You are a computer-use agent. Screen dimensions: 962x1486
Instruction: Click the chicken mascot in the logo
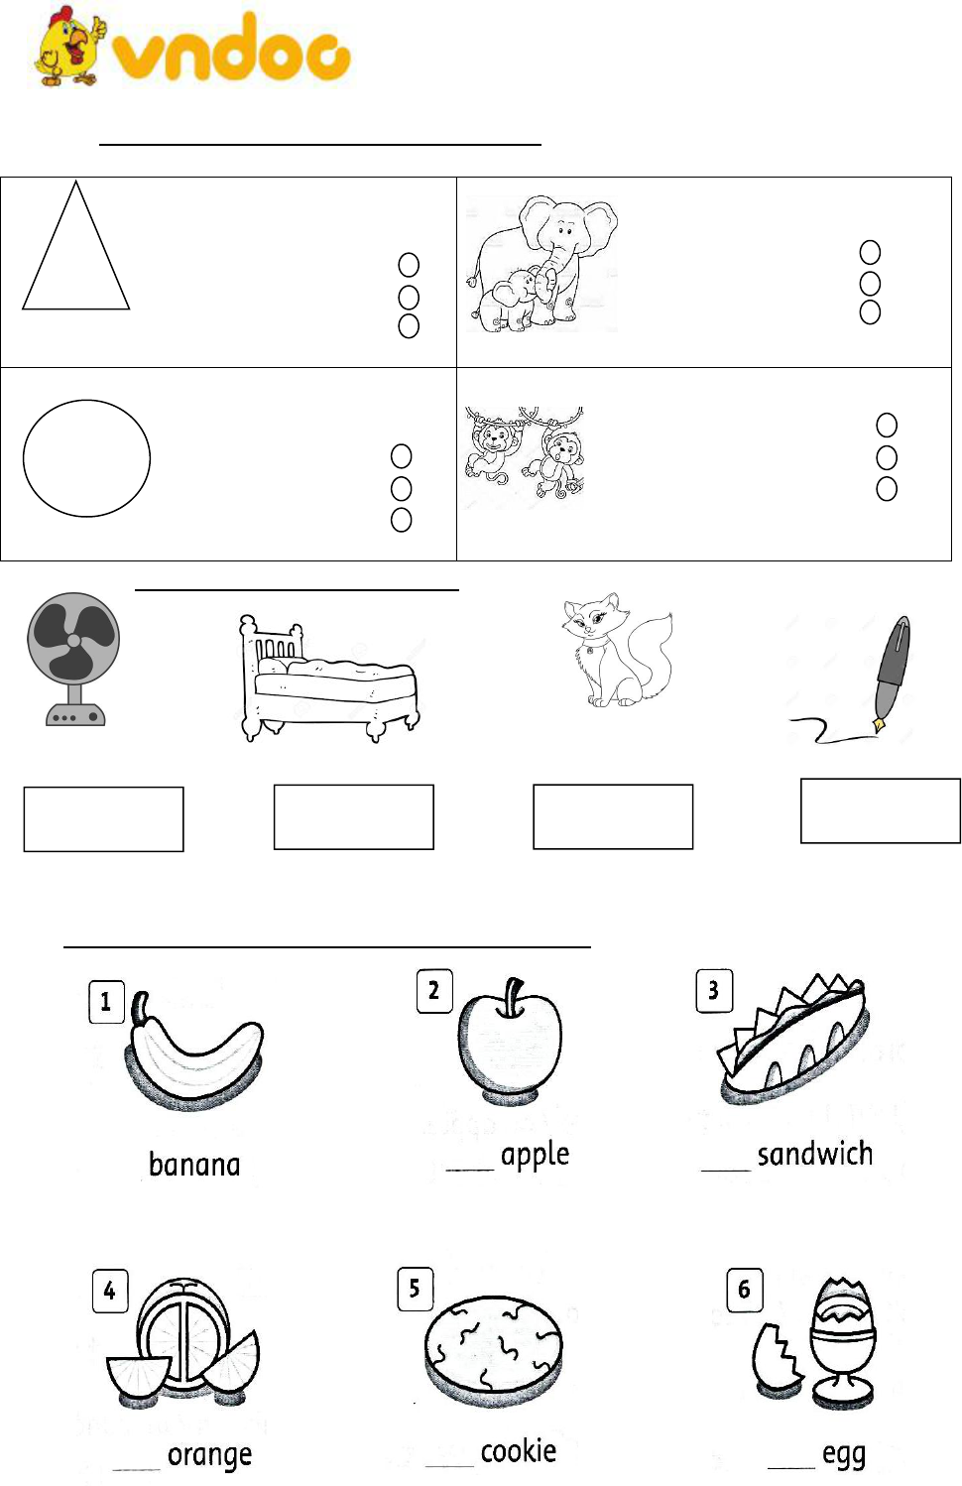click(69, 47)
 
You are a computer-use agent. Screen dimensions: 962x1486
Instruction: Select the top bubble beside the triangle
click(409, 265)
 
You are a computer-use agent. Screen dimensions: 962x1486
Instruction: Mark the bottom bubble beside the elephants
click(870, 311)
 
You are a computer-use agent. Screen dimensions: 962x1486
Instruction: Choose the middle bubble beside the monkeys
click(887, 457)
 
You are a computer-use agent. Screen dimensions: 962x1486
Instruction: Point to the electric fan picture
click(73, 659)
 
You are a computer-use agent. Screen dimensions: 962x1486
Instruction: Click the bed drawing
click(329, 678)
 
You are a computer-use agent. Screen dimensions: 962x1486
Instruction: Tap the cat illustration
click(617, 650)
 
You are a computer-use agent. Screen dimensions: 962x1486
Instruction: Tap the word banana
click(194, 1165)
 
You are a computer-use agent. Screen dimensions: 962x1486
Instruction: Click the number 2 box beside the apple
click(434, 991)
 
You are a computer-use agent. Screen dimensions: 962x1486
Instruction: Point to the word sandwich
click(814, 1155)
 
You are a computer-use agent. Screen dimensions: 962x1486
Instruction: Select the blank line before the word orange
click(136, 1468)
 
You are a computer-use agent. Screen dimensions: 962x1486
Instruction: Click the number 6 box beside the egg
click(745, 1290)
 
